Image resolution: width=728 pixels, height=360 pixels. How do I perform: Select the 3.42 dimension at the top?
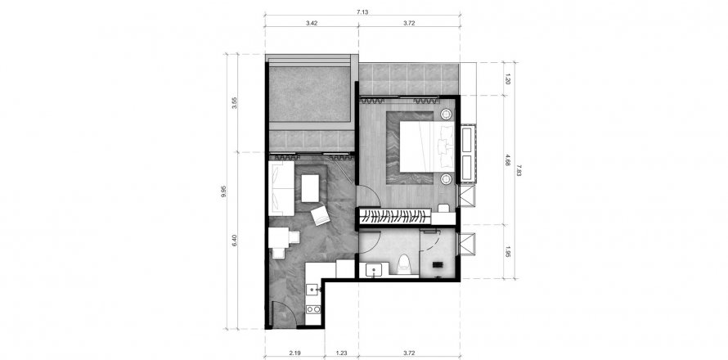(x=312, y=23)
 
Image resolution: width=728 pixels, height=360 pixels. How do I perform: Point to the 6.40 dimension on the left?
(x=236, y=243)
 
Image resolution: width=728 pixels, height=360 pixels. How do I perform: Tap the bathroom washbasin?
(x=377, y=269)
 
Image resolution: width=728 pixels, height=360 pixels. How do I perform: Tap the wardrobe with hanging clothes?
(x=396, y=216)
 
